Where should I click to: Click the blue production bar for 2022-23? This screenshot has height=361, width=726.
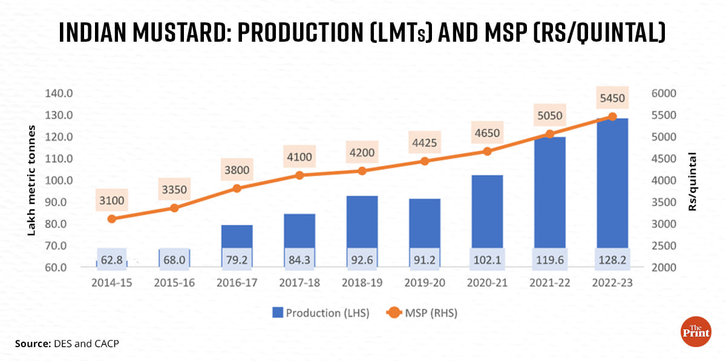[612, 181]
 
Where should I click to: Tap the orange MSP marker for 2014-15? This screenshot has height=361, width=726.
[112, 219]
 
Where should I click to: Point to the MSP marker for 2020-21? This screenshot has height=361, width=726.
[487, 151]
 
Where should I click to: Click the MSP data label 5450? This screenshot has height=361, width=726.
[612, 99]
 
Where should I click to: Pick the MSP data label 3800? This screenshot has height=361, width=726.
[237, 170]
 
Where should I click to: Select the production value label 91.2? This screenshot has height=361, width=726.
[425, 259]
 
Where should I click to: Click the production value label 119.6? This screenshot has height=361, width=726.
[549, 259]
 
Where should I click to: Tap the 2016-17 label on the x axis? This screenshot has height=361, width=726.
[237, 282]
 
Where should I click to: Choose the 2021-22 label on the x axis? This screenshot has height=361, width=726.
[549, 282]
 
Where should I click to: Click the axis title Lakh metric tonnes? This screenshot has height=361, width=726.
[32, 181]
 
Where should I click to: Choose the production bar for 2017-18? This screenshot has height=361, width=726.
[299, 230]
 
